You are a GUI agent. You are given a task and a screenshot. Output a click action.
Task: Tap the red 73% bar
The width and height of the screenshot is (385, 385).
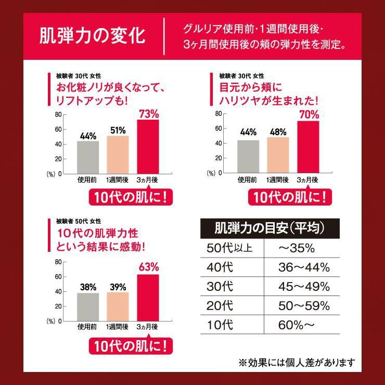(148, 147)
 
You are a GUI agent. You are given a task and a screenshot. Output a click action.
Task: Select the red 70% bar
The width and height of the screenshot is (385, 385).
(308, 147)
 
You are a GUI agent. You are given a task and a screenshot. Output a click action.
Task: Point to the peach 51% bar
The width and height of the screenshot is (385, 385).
(118, 155)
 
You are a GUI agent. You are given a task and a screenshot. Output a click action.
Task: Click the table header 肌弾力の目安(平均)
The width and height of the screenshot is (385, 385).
(269, 228)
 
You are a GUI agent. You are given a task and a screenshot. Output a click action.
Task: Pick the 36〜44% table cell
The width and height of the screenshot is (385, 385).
(304, 267)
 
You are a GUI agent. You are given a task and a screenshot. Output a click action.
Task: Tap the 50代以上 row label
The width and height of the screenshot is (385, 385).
(229, 248)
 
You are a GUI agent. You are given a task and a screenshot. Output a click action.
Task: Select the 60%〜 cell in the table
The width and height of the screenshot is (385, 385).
(297, 325)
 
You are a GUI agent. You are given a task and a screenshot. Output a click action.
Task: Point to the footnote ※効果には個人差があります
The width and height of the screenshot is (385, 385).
(297, 362)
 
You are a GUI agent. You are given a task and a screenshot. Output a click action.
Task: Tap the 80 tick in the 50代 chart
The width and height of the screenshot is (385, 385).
(58, 262)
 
